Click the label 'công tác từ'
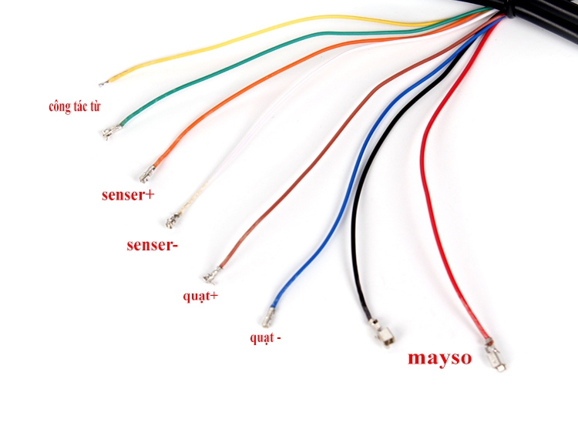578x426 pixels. pos(74,107)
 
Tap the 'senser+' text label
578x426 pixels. pos(128,195)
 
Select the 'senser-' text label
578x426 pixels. pos(153,246)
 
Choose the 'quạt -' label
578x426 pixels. pos(265,337)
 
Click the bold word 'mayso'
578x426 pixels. pos(439,357)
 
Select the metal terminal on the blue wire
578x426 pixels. pos(272,317)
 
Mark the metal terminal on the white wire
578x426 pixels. pos(170,220)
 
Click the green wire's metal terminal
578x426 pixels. pos(109,133)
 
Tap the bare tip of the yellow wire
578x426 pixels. pos(102,82)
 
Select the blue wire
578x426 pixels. pos(351,177)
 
